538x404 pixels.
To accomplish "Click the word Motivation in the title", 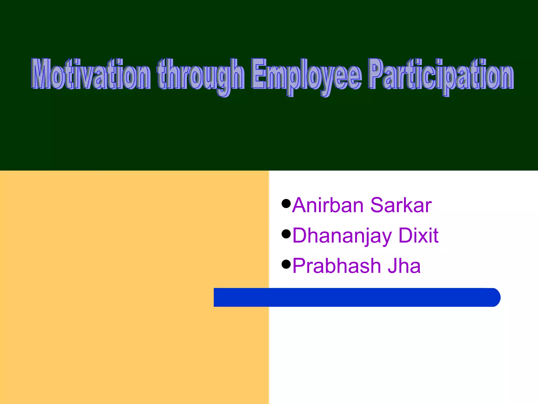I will [x=91, y=74].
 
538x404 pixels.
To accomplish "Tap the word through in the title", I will [x=201, y=75].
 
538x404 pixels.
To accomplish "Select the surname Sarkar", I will [x=401, y=205].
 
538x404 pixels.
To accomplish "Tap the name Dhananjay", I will [x=342, y=236].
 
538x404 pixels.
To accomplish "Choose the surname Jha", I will [x=404, y=266].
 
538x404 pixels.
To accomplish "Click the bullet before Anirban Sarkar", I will [x=286, y=203].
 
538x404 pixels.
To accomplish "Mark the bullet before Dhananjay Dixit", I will [x=286, y=234].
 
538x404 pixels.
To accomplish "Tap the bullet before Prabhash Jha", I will [x=286, y=264].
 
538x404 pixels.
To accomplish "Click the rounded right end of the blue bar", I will [x=494, y=297].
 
